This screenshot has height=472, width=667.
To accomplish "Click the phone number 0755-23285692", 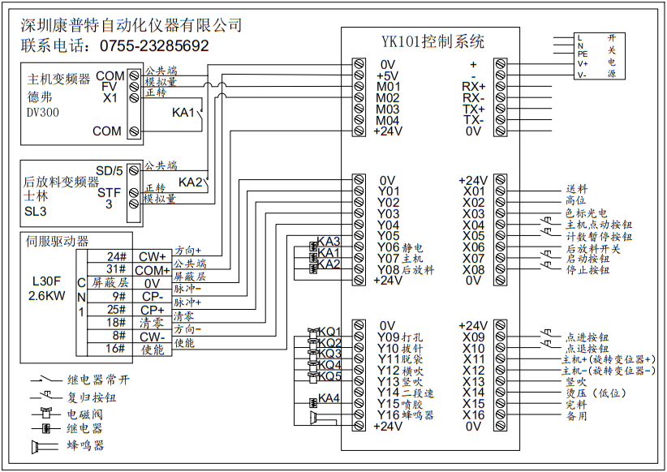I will tap(153, 46).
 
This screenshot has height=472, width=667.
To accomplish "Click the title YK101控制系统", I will tap(433, 41).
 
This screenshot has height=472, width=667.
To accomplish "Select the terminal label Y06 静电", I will tap(402, 247).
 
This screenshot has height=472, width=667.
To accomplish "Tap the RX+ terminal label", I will tap(473, 86).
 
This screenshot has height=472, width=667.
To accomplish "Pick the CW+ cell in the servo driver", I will tap(152, 256).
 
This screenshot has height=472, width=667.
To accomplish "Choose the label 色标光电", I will tap(587, 213).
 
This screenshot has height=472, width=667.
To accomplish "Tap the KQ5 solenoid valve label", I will tap(329, 376).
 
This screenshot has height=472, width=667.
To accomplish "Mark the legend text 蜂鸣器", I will tap(85, 445).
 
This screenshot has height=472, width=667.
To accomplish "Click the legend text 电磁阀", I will tap(85, 413).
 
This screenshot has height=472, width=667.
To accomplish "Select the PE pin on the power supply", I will tap(583, 54).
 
